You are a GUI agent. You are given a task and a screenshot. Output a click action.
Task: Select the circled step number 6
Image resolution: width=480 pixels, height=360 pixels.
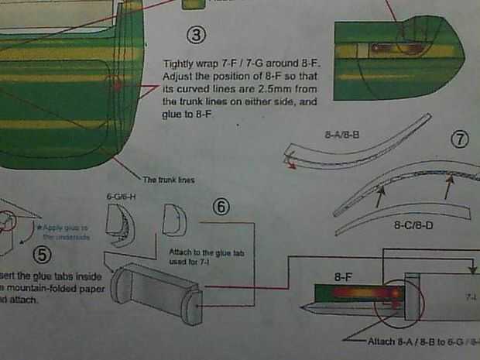tap(221, 207)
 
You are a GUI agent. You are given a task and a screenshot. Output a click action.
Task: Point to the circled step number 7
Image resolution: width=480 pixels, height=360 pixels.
tap(460, 140)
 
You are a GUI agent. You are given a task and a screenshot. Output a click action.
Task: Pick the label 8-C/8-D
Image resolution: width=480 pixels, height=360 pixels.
tap(413, 226)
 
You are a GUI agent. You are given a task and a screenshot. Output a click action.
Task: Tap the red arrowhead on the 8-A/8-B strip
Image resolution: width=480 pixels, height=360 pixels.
tap(290, 163)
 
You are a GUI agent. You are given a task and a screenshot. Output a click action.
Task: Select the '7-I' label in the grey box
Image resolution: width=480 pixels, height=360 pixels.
tap(470, 297)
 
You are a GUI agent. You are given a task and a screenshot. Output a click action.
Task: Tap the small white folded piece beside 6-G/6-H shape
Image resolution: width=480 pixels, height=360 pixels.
tap(174, 221)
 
